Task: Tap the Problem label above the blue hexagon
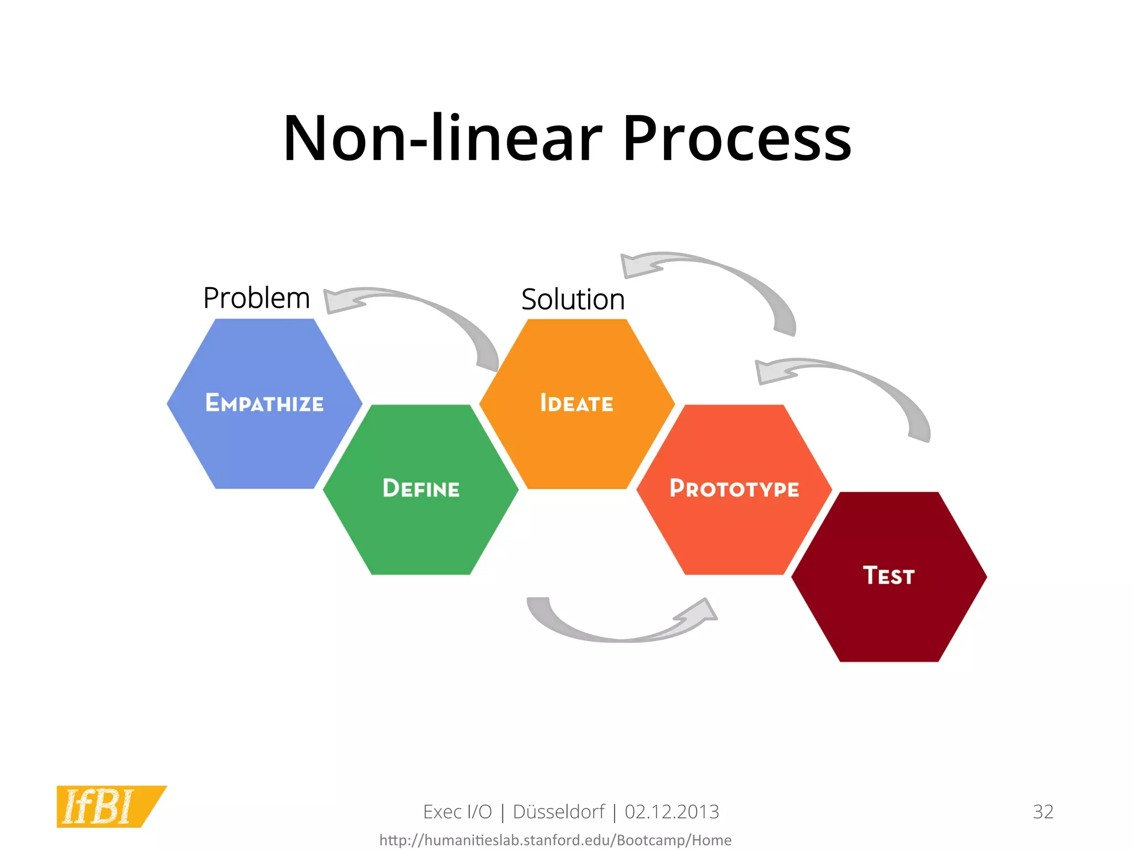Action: [256, 298]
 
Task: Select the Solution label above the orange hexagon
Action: [573, 299]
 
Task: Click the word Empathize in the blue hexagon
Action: [264, 403]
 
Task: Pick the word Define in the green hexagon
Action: [421, 489]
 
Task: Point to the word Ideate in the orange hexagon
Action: [576, 403]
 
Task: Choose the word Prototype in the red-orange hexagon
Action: [734, 489]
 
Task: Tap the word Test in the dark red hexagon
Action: [888, 576]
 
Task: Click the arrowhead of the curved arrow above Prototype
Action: [771, 372]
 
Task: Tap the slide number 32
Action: [1043, 812]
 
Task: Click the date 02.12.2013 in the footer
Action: [672, 812]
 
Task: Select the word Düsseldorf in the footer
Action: [559, 812]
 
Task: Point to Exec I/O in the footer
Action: [458, 812]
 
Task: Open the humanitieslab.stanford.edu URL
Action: [555, 840]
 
